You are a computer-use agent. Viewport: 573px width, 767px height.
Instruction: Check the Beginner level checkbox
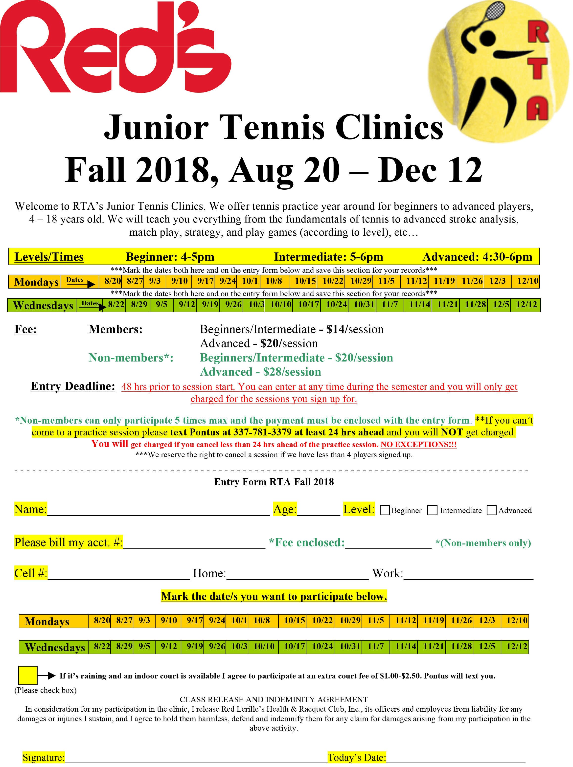tap(385, 510)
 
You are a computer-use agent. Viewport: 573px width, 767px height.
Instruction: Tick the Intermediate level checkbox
tap(432, 510)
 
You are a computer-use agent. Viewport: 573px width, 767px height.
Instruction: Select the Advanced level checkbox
tap(491, 510)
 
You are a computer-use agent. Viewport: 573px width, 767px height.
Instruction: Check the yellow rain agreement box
tap(28, 675)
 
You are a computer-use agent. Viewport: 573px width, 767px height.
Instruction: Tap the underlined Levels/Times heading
tap(49, 257)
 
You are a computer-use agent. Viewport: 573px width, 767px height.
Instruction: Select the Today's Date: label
tap(357, 757)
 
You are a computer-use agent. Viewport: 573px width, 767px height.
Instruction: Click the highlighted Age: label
tap(285, 509)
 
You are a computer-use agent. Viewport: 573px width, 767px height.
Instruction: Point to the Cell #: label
tap(30, 573)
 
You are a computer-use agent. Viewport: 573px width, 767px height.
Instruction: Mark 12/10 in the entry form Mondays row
tap(517, 621)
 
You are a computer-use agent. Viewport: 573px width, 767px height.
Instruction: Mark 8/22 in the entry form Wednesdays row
tap(102, 647)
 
